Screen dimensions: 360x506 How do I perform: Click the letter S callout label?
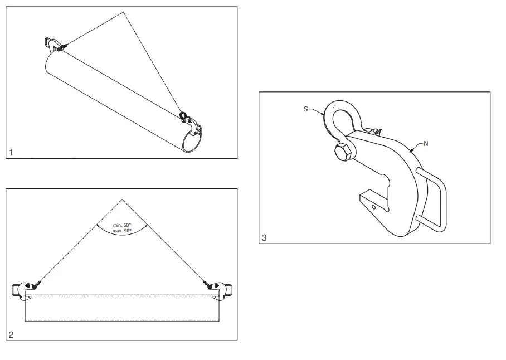pos(305,109)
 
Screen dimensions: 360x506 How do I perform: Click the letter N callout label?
pos(426,143)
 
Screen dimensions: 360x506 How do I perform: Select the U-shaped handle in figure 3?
pos(435,201)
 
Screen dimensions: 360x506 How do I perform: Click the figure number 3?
pos(264,238)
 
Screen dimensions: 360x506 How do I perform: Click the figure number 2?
pos(11,334)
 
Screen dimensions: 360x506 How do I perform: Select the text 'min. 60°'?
pos(122,225)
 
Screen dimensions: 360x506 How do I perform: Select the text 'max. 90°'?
pos(122,230)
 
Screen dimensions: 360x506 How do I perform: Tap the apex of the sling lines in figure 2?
pos(122,199)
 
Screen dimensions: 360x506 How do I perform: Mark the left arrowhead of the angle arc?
pos(99,226)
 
